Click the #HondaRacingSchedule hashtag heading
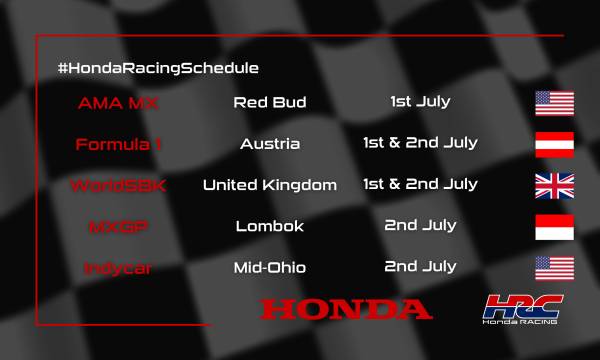coord(158,67)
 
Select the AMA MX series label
coord(119,102)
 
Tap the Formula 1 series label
coord(119,144)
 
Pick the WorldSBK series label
coord(119,185)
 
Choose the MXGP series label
coord(119,227)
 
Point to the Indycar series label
coord(119,268)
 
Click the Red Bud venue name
coord(270,102)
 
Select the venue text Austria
coord(270,144)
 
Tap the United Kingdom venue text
coord(270,185)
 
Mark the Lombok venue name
coord(270,227)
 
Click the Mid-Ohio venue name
coord(270,268)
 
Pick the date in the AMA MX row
coord(420,101)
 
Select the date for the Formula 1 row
coord(420,143)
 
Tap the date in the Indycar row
coord(420,267)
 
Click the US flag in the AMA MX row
coord(553,103)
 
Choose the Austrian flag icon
coord(553,144)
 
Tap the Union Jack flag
coord(553,186)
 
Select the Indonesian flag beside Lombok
coord(553,227)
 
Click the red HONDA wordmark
coord(346,309)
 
